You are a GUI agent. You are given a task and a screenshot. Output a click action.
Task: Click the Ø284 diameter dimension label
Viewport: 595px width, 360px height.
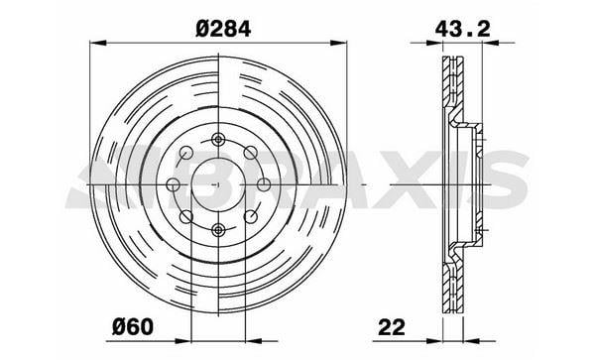pyautogui.click(x=223, y=29)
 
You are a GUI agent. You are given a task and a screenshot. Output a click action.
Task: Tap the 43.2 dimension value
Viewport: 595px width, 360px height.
pyautogui.click(x=462, y=29)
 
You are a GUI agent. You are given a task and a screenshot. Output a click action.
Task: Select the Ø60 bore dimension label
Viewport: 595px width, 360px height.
pyautogui.click(x=133, y=326)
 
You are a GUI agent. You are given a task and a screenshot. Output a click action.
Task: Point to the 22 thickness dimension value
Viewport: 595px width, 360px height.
pyautogui.click(x=392, y=327)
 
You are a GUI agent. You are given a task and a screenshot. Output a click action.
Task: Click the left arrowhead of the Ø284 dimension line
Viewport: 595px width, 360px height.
pyautogui.click(x=97, y=43)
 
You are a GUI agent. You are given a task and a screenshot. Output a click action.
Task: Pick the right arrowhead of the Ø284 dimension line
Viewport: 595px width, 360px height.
pyautogui.click(x=338, y=43)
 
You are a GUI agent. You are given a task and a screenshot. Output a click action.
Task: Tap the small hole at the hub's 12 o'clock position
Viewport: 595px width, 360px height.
pyautogui.click(x=218, y=140)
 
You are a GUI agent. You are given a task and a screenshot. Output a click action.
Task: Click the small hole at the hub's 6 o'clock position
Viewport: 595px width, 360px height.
pyautogui.click(x=218, y=229)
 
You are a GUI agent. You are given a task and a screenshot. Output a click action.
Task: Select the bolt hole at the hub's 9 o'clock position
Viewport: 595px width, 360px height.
pyautogui.click(x=174, y=184)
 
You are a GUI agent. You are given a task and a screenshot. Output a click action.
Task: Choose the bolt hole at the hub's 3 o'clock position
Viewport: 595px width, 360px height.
pyautogui.click(x=264, y=184)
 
